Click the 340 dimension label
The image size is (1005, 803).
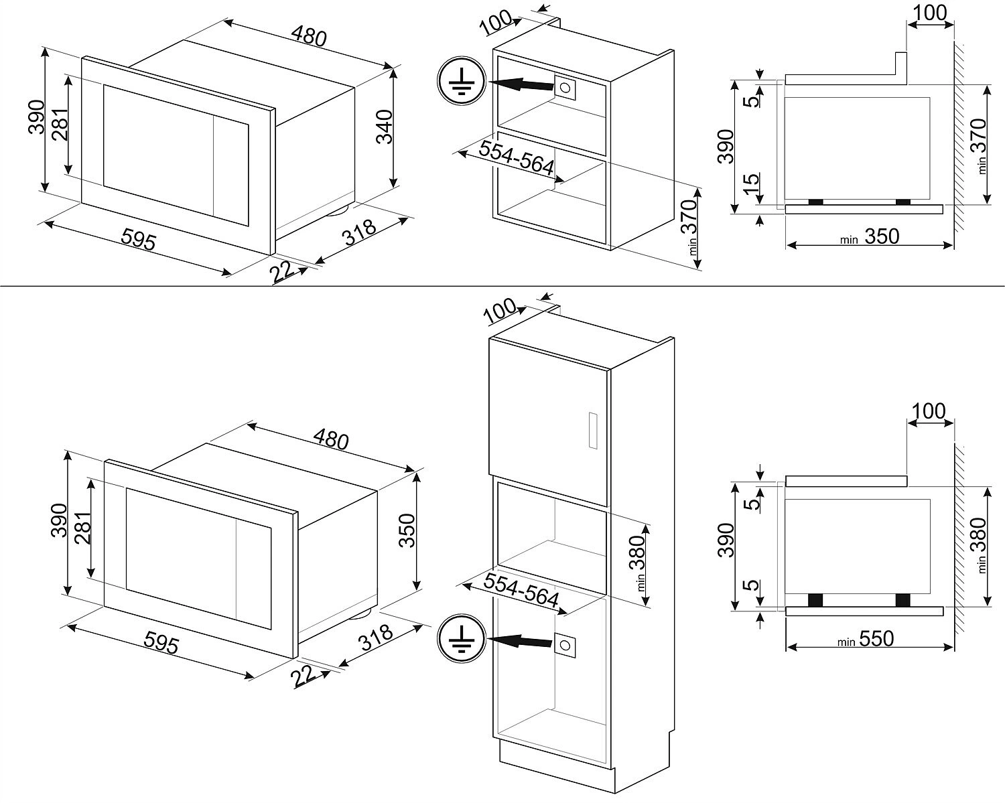point(385,127)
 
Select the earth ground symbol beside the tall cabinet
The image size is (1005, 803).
point(459,640)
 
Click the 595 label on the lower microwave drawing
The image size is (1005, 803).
point(162,643)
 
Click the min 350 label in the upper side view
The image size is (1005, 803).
point(870,236)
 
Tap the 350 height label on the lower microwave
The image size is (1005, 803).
point(407,530)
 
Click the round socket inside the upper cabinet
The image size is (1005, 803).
point(565,88)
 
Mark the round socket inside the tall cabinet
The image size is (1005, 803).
point(565,644)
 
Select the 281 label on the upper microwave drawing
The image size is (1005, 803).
point(59,124)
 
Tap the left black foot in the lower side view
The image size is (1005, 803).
point(815,600)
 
